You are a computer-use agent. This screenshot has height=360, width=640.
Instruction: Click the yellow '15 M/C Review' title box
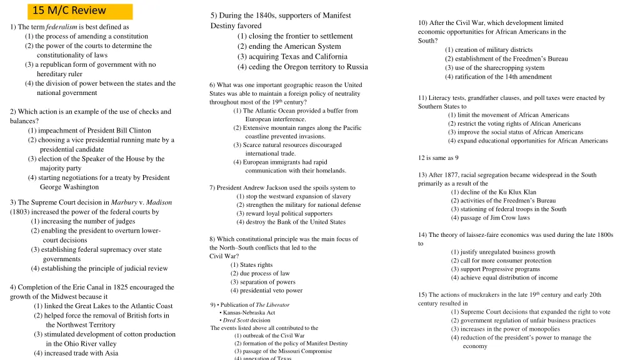pyautogui.click(x=79, y=11)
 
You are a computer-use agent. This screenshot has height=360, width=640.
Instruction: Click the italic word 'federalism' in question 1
pyautogui.click(x=61, y=27)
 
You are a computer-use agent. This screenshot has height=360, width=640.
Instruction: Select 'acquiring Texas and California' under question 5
pyautogui.click(x=292, y=56)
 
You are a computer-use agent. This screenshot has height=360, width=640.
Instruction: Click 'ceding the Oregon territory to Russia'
pyautogui.click(x=302, y=67)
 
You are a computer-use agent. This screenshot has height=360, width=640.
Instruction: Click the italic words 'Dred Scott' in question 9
pyautogui.click(x=236, y=320)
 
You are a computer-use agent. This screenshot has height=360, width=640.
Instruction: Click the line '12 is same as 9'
pyautogui.click(x=438, y=157)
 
